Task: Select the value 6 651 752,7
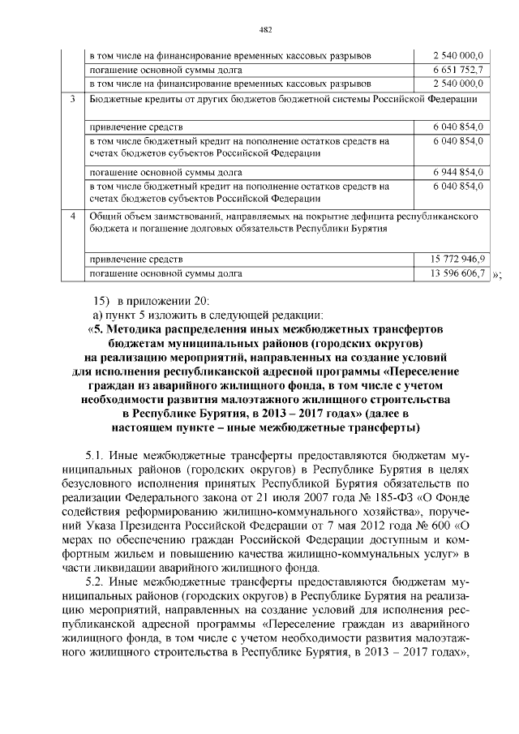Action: (x=458, y=69)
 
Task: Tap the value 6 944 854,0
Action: (x=458, y=173)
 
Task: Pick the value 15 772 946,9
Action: (x=458, y=260)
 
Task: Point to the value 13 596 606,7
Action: (x=458, y=273)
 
